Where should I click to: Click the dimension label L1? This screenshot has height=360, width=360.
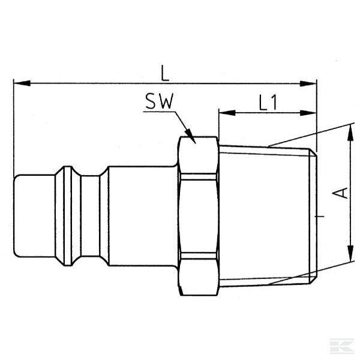268,103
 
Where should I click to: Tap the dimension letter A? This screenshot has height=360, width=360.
340,192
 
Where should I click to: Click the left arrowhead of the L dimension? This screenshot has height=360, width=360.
17,83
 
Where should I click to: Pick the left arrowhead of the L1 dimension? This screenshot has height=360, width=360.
223,112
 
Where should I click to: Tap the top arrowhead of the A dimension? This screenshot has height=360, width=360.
349,128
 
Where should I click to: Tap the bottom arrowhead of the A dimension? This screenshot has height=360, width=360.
349,257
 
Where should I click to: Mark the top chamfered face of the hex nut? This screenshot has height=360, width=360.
198,157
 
